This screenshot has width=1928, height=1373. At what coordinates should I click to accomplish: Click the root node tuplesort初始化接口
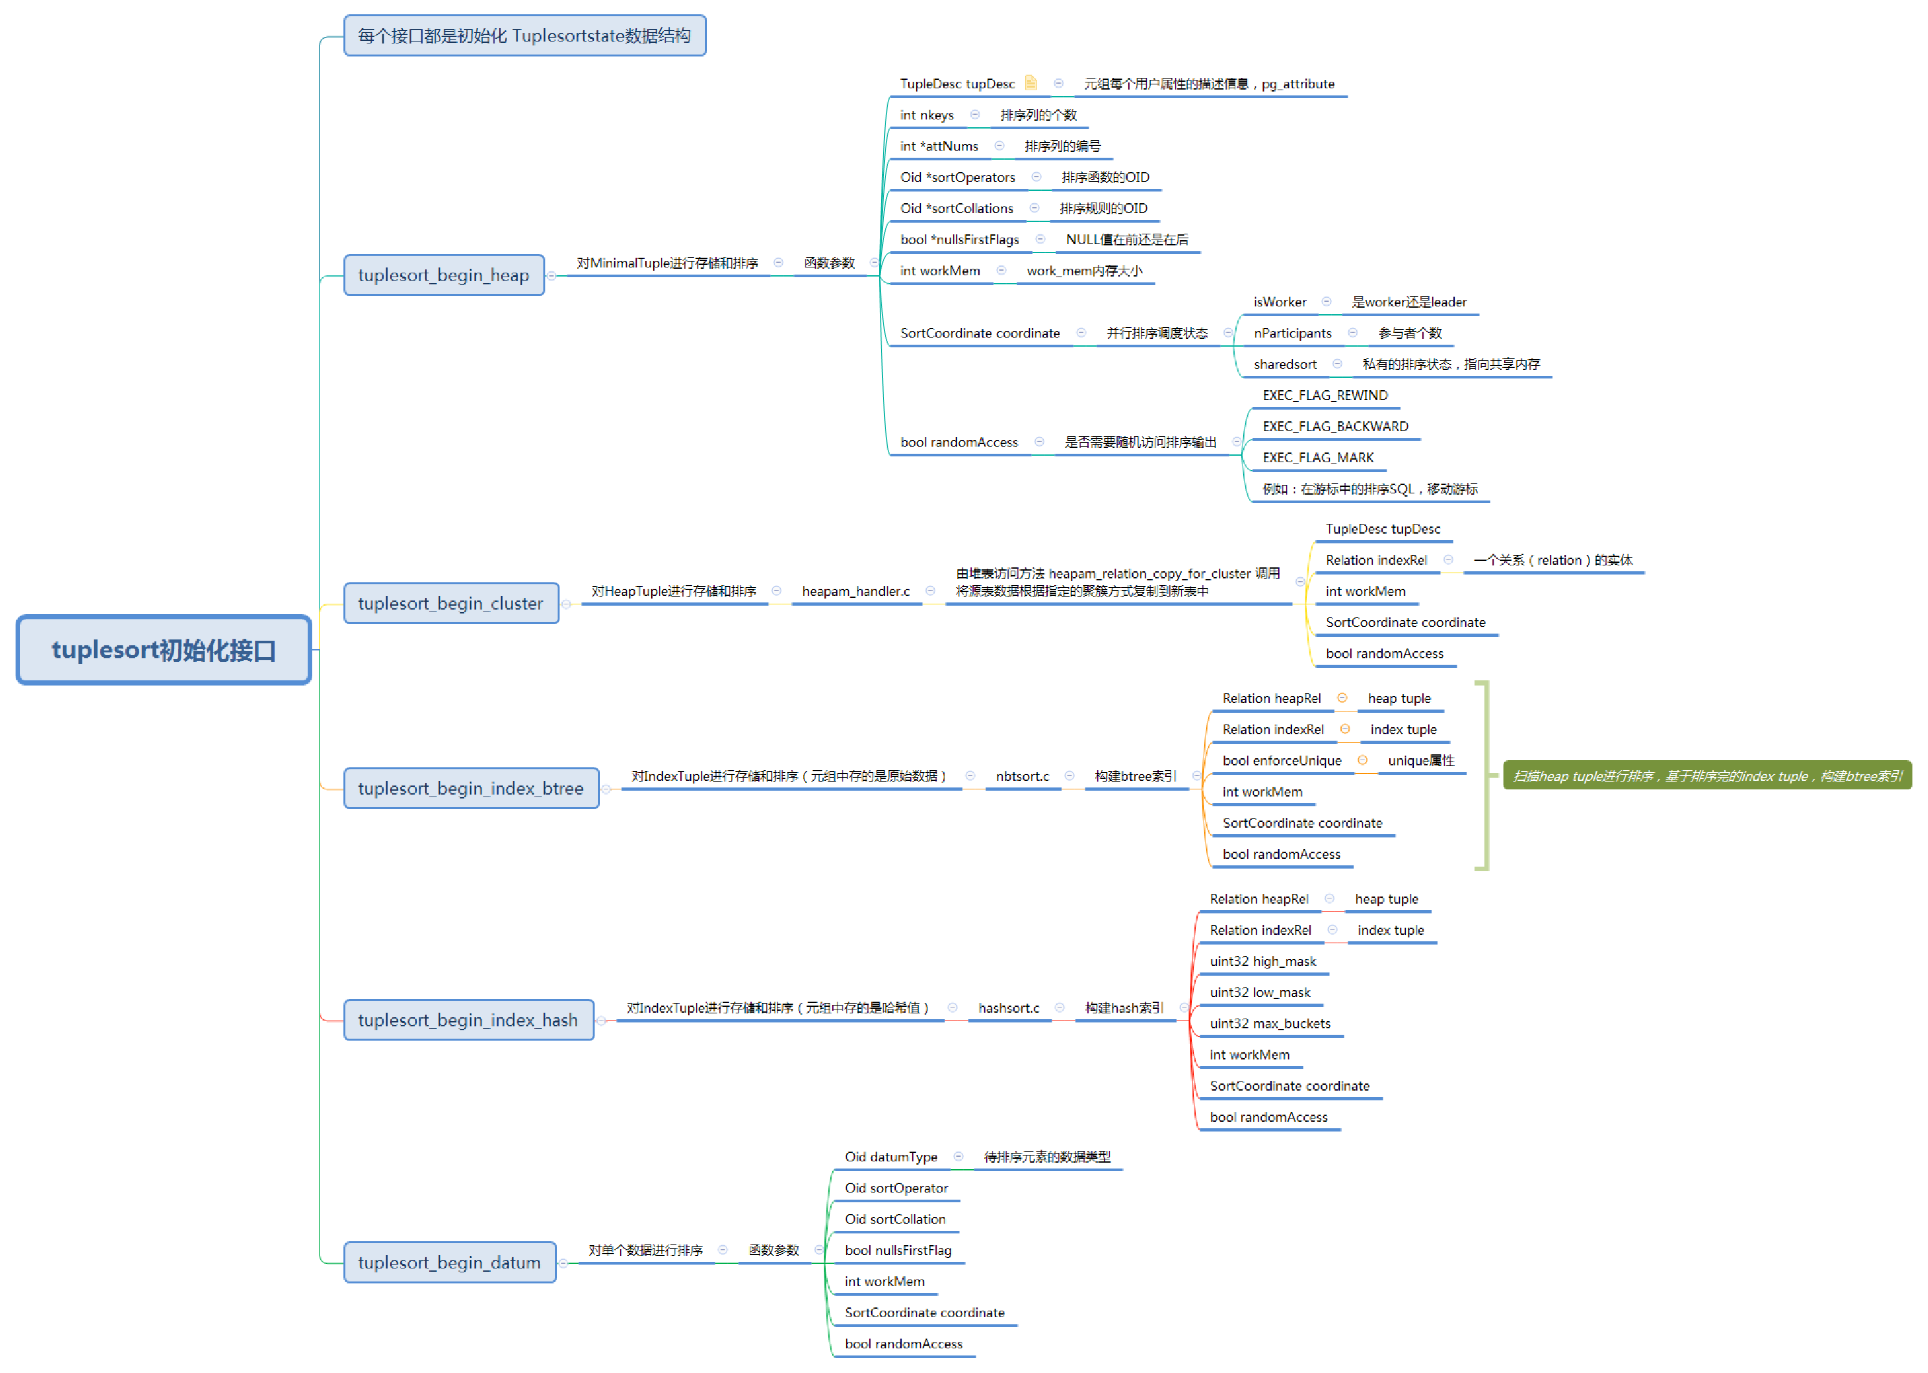pos(164,649)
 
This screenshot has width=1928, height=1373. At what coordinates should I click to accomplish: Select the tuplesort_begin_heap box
pos(444,275)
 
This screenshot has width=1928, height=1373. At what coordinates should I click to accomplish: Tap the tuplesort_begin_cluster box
pos(451,603)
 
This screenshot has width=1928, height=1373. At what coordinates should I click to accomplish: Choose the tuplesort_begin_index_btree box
pos(471,788)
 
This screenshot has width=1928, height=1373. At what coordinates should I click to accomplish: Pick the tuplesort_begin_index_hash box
pos(468,1020)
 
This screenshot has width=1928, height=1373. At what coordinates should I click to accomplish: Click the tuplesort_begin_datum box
pos(450,1262)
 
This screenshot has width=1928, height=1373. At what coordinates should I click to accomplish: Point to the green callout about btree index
pos(1707,775)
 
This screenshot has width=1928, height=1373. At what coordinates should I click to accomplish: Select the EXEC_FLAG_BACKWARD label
pos(1335,426)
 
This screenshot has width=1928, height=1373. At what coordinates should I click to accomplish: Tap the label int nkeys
pos(926,115)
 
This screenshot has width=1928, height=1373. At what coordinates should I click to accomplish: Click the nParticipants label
pos(1292,333)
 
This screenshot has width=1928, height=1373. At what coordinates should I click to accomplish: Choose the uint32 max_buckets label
pos(1270,1024)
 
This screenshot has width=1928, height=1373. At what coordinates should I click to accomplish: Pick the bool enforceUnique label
pos(1281,761)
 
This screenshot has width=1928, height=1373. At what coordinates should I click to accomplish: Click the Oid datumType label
pos(891,1157)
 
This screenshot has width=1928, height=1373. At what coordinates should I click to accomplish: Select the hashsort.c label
pos(1008,1008)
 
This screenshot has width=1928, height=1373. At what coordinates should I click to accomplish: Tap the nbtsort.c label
pos(1022,776)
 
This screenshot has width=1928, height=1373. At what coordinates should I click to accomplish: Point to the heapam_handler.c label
pos(856,591)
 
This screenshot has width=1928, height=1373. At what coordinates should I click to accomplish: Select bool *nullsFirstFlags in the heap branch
pos(959,240)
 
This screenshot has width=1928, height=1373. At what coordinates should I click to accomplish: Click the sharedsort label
pos(1285,364)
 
